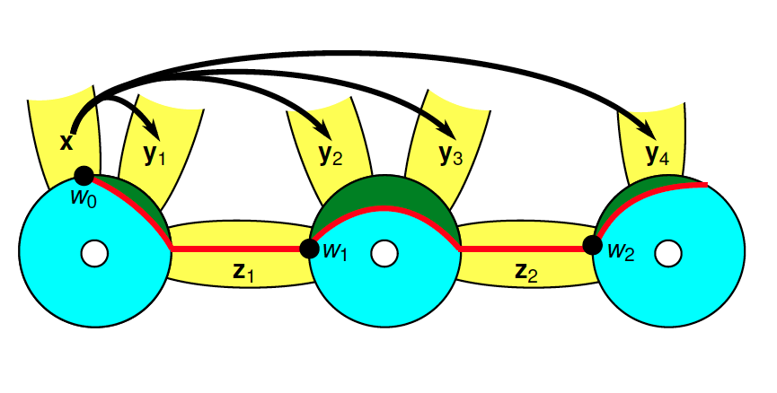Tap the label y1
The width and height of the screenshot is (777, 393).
(x=155, y=154)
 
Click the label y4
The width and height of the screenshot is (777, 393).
(x=658, y=156)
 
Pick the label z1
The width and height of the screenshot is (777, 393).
(x=244, y=272)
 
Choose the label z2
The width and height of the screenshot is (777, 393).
(x=527, y=272)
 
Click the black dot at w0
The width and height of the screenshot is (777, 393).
(x=84, y=176)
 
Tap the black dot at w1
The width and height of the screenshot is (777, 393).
(x=309, y=249)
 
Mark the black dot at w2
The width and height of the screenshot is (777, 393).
(x=592, y=244)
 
